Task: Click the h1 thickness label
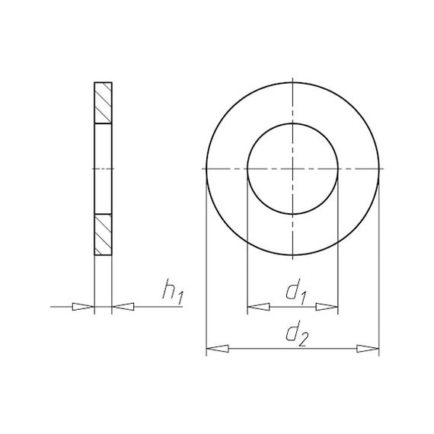pyautogui.click(x=173, y=292)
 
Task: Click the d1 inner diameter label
pyautogui.click(x=296, y=292)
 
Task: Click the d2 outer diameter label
pyautogui.click(x=296, y=333)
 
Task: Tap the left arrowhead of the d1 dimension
pyautogui.click(x=258, y=307)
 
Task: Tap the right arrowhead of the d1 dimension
pyautogui.click(x=327, y=307)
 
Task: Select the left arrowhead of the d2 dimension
pyautogui.click(x=218, y=349)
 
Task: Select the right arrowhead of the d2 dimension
pyautogui.click(x=368, y=349)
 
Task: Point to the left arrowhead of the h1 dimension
pyautogui.click(x=83, y=307)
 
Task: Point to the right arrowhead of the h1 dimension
pyautogui.click(x=123, y=307)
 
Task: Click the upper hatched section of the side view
pyautogui.click(x=103, y=103)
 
